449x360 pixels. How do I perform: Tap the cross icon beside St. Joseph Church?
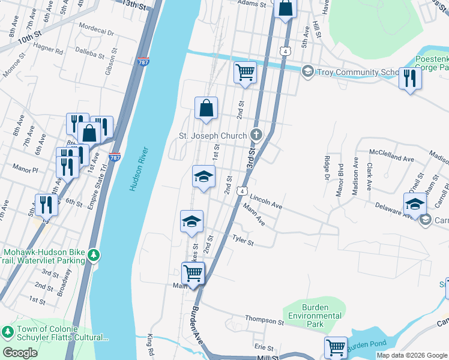pos(256,135)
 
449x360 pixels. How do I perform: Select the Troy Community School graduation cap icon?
pos(308,72)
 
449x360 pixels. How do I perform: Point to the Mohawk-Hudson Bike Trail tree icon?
pos(93,256)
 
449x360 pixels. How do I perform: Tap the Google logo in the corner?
pos(20,353)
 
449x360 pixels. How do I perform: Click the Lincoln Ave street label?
pos(266,201)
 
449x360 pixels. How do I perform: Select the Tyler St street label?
pos(243,241)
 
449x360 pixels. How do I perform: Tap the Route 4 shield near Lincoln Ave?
pos(241,191)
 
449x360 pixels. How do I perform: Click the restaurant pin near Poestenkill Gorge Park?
pos(410,78)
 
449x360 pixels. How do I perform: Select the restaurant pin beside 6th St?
pos(46,205)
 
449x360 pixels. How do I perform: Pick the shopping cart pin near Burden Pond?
pos(336,347)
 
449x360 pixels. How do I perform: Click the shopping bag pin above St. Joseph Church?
pos(206,108)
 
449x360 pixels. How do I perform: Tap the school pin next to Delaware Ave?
pos(415,204)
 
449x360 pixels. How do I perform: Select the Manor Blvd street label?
pos(340,179)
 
